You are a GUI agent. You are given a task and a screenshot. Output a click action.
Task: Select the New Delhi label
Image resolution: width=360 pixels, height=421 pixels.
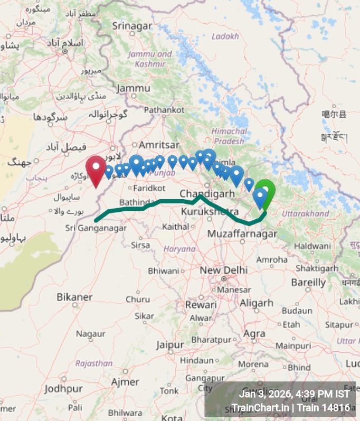pos(223,269)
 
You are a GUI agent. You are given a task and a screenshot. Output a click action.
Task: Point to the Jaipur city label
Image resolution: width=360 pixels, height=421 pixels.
pos(169,344)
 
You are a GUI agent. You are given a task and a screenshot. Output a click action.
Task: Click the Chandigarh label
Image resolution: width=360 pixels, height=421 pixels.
pos(206,194)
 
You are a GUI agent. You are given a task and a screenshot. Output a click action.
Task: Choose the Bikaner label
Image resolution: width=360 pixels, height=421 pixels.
pos(74,297)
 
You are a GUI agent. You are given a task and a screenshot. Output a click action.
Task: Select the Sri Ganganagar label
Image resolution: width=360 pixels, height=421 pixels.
pos(96,228)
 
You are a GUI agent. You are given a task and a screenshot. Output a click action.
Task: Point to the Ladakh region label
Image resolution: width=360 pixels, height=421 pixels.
pos(225,36)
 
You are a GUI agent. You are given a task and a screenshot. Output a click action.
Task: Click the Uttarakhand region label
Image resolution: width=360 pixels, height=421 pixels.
pos(305,213)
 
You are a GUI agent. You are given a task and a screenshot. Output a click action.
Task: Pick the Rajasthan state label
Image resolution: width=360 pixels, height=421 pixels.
pos(94,363)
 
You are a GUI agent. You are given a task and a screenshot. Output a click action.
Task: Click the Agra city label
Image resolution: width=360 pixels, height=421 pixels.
pos(254,333)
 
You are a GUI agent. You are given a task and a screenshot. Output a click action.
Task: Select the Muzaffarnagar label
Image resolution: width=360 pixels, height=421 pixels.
pos(242,233)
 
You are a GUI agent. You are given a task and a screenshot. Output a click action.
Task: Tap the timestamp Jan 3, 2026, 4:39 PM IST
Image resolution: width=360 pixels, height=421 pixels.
pos(293,394)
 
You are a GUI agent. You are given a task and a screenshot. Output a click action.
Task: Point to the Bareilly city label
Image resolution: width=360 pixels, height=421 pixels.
pos(308,283)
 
